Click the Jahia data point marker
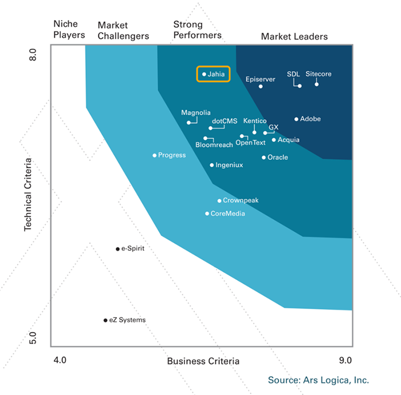coord(204,74)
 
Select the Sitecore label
coord(319,74)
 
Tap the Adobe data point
coord(296,119)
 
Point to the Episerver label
coord(261,78)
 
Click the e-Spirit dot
coord(117,249)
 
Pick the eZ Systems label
coord(128,320)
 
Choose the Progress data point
coord(155,155)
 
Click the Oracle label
coord(278,157)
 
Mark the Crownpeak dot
coord(219,201)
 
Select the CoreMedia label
coord(228,214)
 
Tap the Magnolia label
coord(196,113)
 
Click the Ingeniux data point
coord(212,165)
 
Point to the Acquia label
coord(289,140)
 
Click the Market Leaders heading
coord(294,37)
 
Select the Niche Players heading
coord(69,30)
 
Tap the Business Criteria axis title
coord(203,361)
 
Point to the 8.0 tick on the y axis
coord(33,57)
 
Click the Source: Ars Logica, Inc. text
coord(319,380)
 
